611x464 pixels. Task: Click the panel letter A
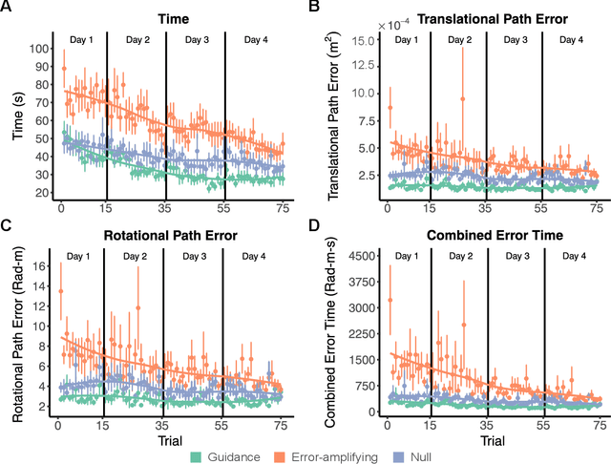[x=7, y=8]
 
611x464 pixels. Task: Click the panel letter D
[x=314, y=227]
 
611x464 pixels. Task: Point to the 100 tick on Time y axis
[x=38, y=48]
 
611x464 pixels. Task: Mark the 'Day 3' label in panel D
[x=516, y=257]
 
